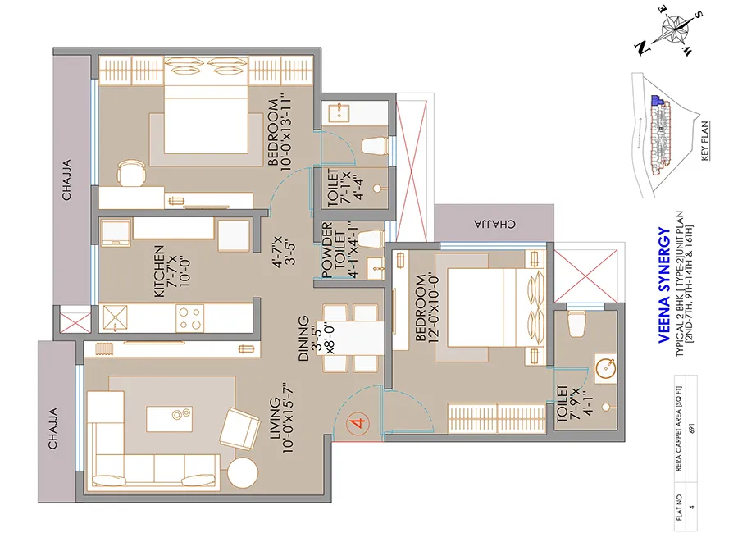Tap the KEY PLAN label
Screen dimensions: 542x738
click(706, 141)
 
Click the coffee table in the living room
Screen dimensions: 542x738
click(171, 417)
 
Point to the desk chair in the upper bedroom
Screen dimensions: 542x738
click(131, 173)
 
